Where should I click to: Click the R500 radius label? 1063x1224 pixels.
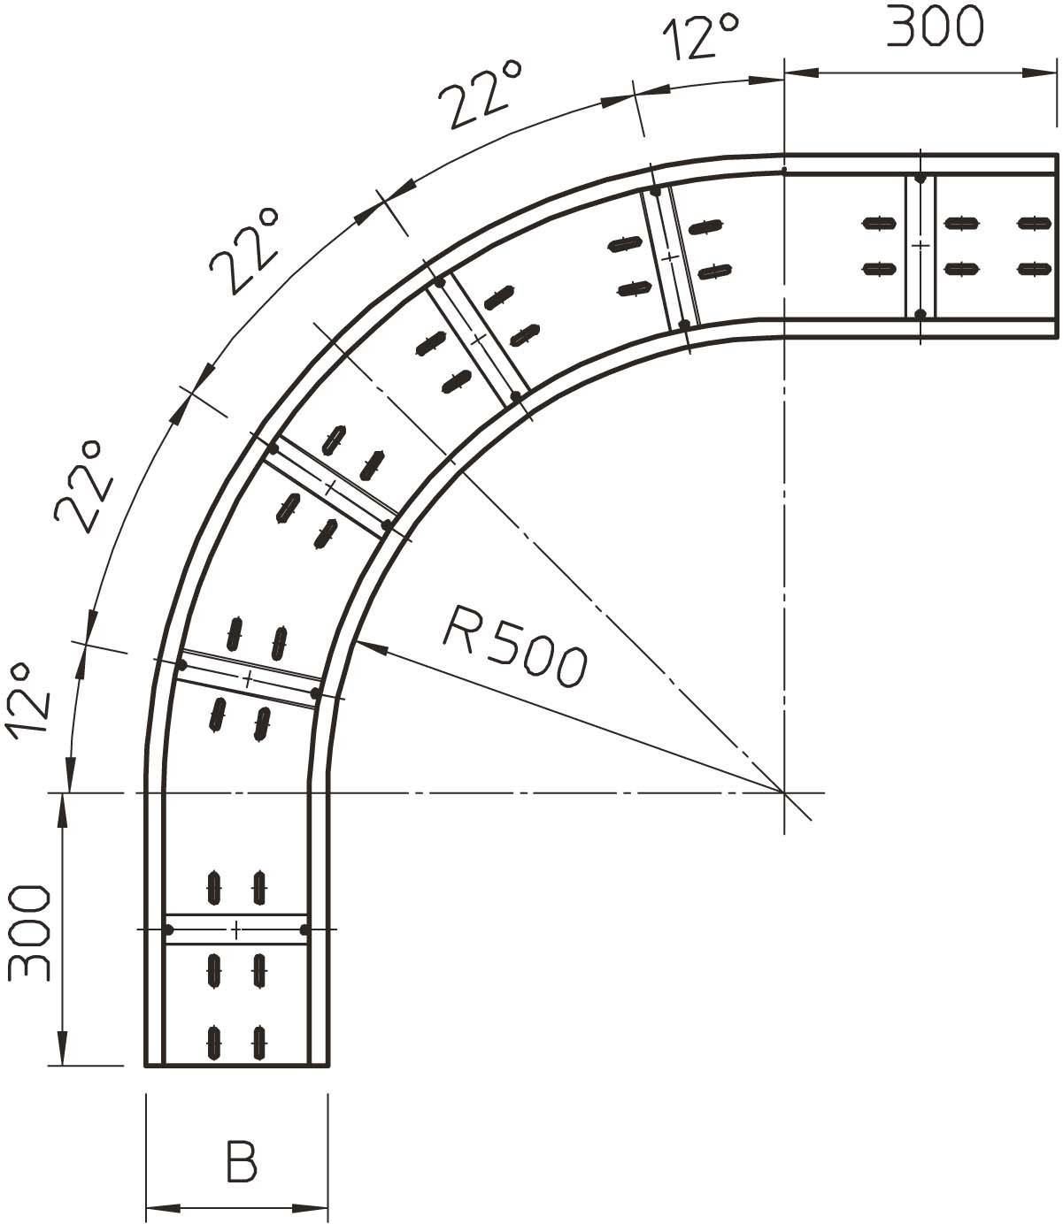[515, 646]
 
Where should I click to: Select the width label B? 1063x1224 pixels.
[242, 1161]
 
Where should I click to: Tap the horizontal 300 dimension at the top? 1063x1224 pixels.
[935, 26]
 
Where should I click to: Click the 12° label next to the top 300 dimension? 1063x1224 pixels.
[701, 37]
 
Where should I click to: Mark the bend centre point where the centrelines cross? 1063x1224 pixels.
[784, 792]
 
